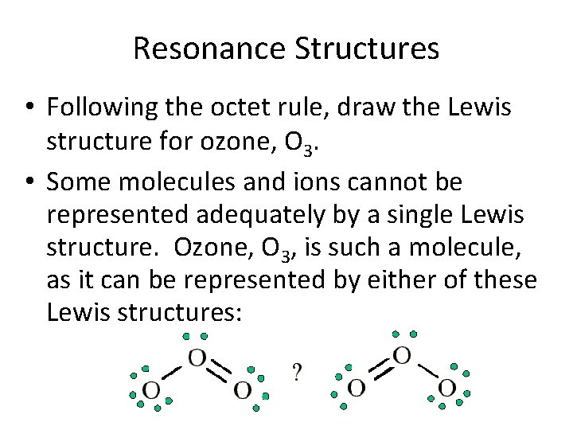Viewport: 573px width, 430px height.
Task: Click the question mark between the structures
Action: pyautogui.click(x=296, y=373)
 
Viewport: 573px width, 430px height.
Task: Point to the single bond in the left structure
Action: pyautogui.click(x=173, y=372)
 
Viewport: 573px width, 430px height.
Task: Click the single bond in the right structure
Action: pyautogui.click(x=427, y=371)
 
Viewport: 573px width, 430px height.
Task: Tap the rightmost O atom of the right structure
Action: pyautogui.click(x=447, y=388)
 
